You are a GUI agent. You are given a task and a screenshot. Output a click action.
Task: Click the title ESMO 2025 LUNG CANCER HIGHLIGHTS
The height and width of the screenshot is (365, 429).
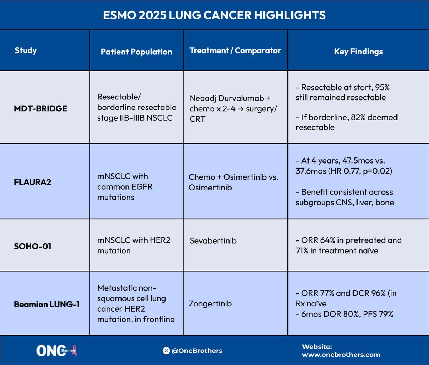214,15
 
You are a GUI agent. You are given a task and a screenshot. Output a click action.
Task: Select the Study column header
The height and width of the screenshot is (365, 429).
26,50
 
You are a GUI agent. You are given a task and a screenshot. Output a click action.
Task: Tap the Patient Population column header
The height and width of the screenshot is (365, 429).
136,52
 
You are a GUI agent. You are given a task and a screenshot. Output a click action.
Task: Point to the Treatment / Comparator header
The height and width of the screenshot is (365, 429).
235,50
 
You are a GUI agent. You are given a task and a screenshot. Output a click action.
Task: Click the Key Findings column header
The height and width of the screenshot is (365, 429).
358,52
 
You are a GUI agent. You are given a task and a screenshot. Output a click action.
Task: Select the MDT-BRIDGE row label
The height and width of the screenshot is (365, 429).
40,108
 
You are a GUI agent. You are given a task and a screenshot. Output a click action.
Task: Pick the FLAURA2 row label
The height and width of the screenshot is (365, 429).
33,182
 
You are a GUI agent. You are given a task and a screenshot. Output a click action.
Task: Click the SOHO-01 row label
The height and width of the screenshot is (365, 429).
33,246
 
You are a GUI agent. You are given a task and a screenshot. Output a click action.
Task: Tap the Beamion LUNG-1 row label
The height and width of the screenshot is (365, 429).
47,304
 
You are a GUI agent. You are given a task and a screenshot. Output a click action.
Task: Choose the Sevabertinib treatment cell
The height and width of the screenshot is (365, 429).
213,240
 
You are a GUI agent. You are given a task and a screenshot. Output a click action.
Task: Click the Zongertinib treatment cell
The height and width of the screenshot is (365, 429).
210,303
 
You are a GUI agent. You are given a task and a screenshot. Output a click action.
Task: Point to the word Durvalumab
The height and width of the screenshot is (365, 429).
241,98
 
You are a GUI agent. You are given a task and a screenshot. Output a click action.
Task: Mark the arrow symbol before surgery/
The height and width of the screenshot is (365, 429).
241,109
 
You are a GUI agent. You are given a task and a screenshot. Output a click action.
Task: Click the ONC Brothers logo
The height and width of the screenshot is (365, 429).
56,351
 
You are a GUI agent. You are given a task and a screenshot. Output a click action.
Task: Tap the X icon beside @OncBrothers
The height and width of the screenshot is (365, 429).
166,351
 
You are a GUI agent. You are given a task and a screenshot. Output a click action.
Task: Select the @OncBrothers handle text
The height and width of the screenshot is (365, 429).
197,351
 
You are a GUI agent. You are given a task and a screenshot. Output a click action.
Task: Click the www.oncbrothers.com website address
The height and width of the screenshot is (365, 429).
341,355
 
